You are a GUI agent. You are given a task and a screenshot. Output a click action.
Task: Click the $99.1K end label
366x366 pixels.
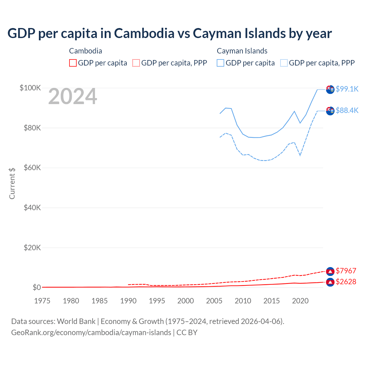[x=347, y=89]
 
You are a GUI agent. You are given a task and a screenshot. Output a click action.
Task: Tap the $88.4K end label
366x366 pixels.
[x=347, y=110]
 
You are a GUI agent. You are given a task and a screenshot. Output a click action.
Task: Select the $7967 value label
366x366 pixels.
[x=346, y=271]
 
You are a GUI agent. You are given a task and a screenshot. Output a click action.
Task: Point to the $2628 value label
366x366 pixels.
[x=346, y=282]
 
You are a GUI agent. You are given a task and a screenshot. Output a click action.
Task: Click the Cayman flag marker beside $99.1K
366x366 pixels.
[x=330, y=89]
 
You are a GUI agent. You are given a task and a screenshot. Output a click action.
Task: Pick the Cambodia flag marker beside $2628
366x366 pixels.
[x=330, y=282]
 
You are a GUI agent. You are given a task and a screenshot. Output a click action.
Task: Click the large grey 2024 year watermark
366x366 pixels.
[x=73, y=97]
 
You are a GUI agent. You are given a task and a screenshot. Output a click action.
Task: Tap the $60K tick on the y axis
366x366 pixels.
[x=32, y=168]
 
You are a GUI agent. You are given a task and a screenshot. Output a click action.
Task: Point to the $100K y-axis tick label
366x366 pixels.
[x=30, y=88]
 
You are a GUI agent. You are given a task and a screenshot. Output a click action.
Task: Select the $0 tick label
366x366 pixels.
[x=37, y=287]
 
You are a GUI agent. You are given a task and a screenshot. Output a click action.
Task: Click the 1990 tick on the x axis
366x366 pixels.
[x=128, y=301]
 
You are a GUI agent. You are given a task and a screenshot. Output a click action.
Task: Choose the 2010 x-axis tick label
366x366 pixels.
[x=243, y=301]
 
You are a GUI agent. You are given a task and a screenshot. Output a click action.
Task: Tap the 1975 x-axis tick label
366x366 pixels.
[x=42, y=301]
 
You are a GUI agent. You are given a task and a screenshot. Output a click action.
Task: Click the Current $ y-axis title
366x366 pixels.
[x=12, y=183]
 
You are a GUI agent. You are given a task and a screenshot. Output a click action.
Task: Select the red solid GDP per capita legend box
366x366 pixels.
[x=73, y=63]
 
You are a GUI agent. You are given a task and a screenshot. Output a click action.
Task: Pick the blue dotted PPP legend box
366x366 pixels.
[x=284, y=63]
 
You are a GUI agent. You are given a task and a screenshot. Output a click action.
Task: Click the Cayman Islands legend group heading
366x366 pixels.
[x=242, y=51]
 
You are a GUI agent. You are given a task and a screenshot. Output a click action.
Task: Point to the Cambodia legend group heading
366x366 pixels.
[x=85, y=51]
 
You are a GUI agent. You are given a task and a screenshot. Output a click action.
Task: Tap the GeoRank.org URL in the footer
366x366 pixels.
[x=91, y=333]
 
